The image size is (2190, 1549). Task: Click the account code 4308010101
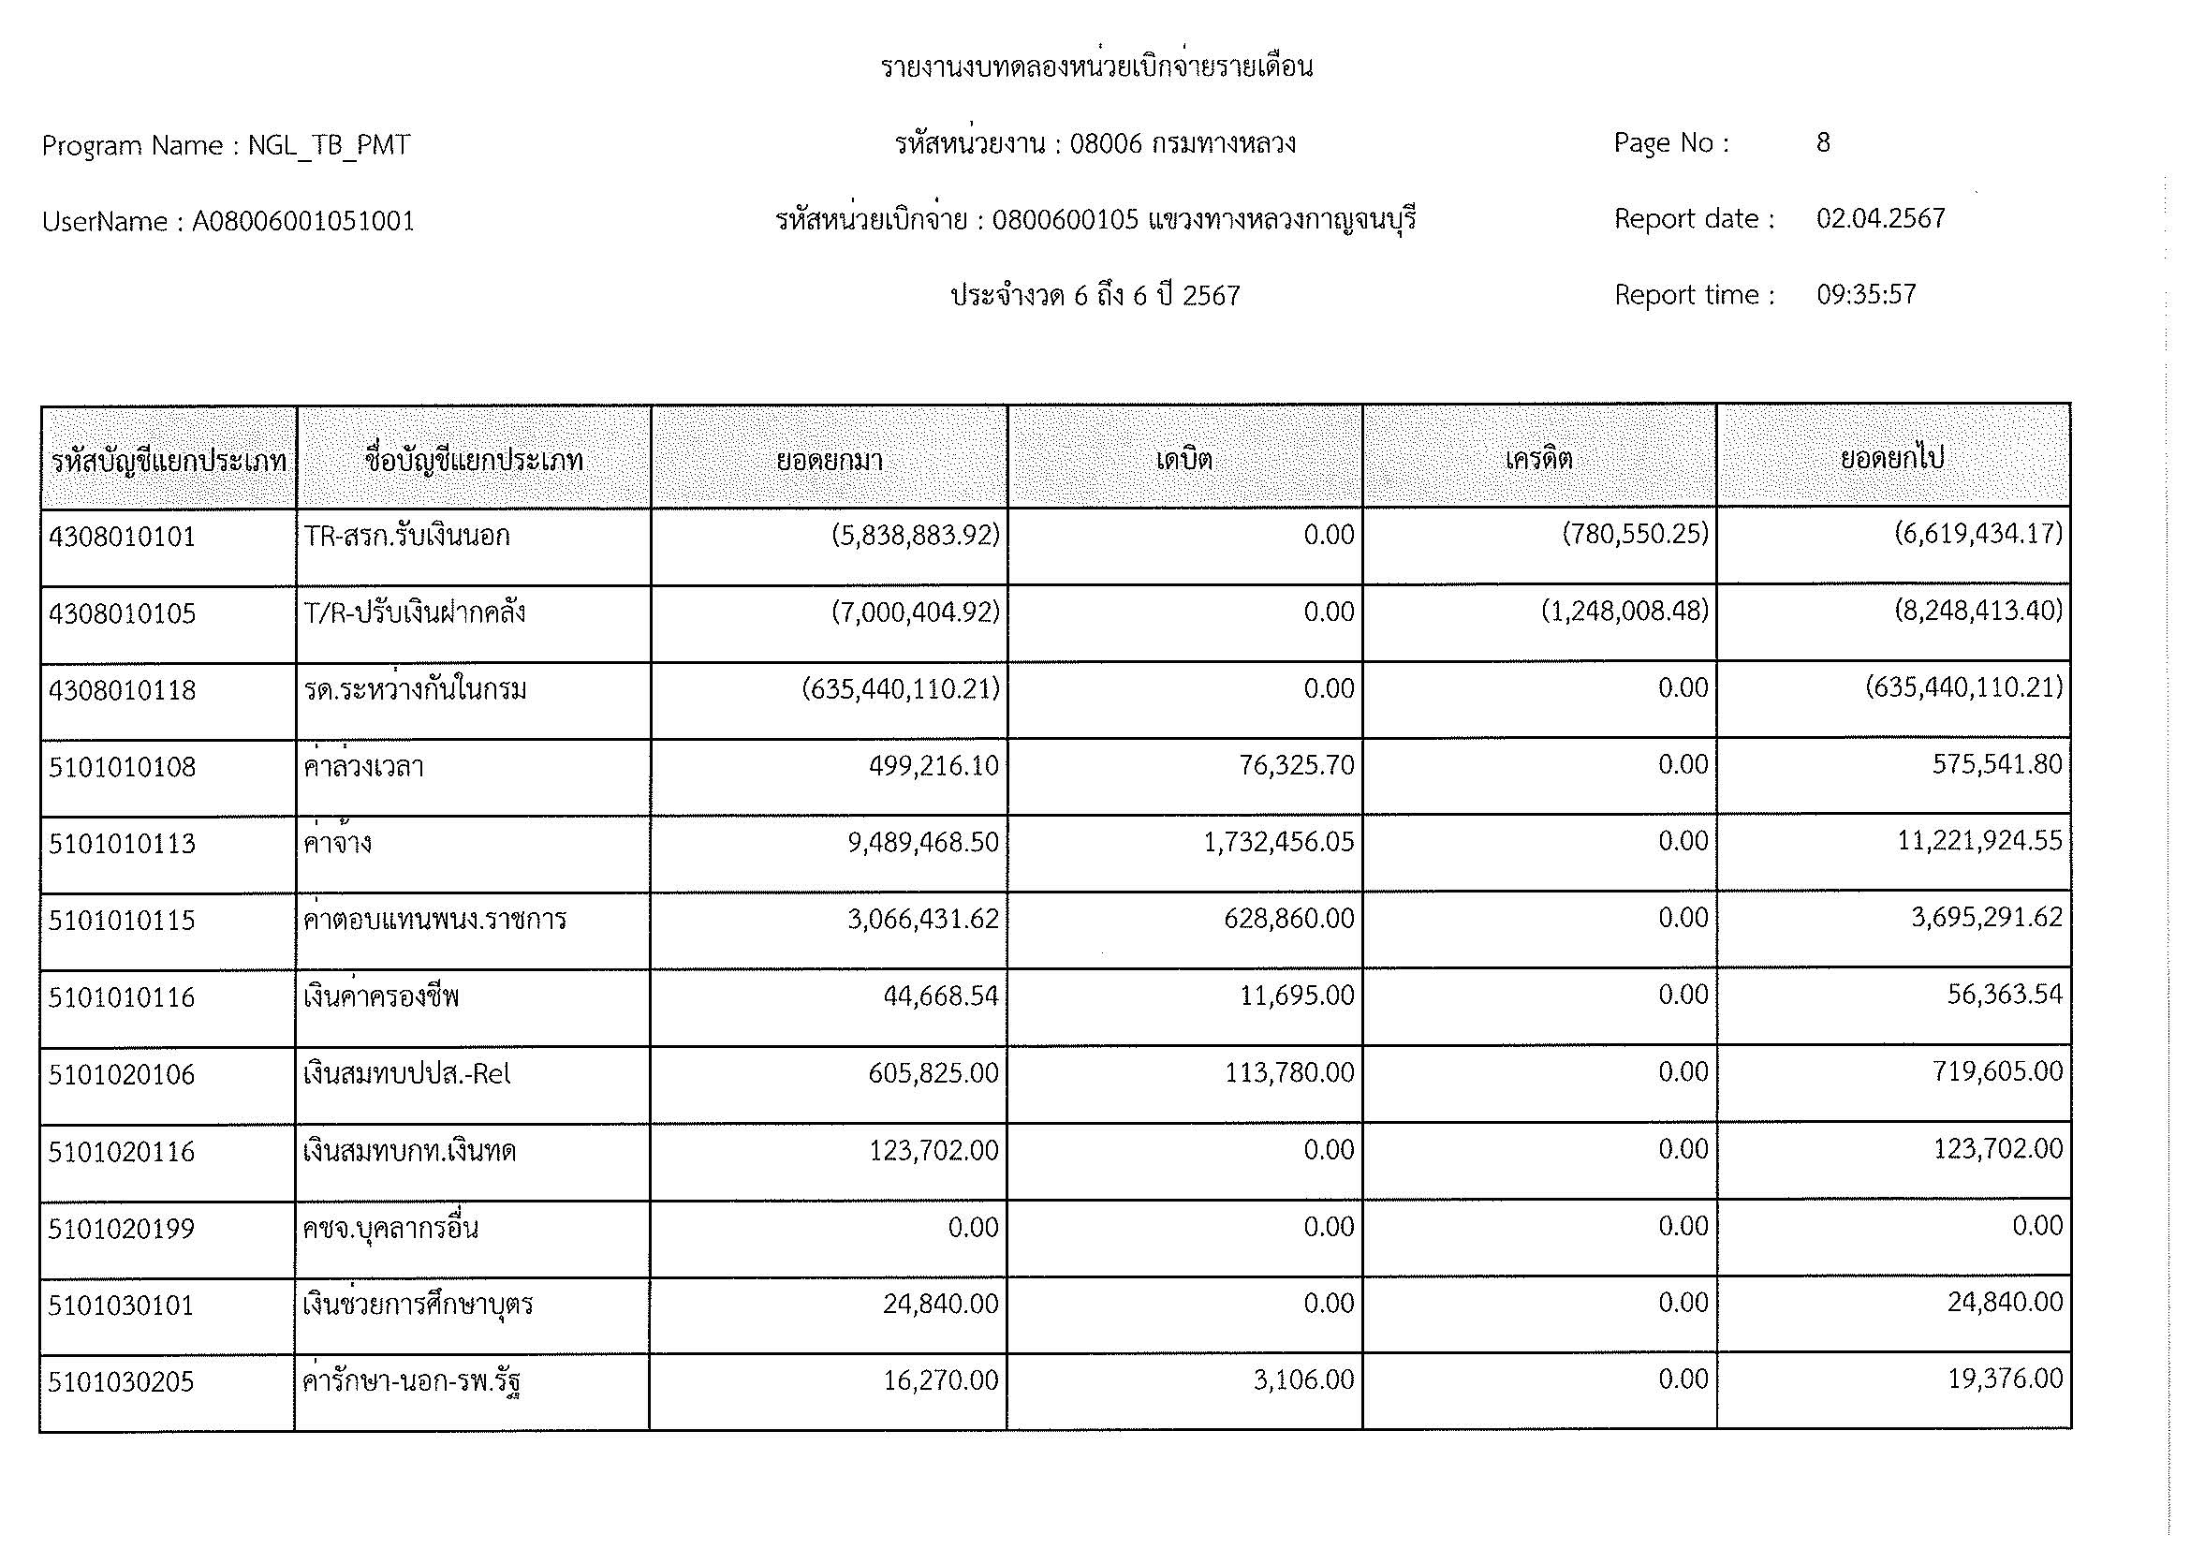click(122, 537)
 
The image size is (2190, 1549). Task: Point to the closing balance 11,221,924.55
click(1979, 841)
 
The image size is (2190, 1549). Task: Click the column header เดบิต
click(1183, 460)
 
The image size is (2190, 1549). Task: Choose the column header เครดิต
click(1538, 460)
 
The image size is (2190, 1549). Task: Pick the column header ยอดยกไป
click(1892, 459)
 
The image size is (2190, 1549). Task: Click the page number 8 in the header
click(1823, 143)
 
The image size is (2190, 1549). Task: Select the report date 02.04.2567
click(1880, 219)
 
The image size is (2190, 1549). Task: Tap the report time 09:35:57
click(1866, 295)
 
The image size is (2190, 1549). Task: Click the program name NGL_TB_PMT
click(329, 145)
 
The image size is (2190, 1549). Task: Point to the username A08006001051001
click(303, 221)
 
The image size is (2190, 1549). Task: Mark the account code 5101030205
click(121, 1382)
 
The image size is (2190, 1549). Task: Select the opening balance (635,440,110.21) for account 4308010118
click(901, 688)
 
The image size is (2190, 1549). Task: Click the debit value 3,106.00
click(1303, 1380)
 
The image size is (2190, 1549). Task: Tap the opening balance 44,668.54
click(940, 996)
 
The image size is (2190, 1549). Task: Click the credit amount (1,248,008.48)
click(1624, 612)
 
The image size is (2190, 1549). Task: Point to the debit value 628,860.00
click(1288, 919)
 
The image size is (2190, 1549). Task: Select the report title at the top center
click(1096, 66)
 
